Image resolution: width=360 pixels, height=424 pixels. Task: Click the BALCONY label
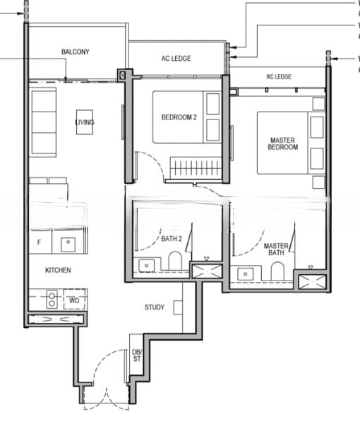(x=76, y=52)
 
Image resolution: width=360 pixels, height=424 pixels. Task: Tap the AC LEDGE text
(x=176, y=59)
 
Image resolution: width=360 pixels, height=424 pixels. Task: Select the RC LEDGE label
(x=279, y=77)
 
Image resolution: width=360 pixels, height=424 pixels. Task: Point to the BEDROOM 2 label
(x=179, y=117)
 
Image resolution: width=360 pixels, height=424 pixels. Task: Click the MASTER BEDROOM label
(x=283, y=143)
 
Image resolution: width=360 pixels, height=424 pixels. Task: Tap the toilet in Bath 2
(x=175, y=261)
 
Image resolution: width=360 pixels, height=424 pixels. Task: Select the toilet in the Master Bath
(x=277, y=271)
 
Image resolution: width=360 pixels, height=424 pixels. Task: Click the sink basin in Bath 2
(x=146, y=266)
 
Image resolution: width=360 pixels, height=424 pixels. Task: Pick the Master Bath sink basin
(x=245, y=274)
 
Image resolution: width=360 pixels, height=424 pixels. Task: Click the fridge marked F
(x=40, y=242)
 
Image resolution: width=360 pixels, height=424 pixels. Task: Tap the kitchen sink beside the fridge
(x=68, y=245)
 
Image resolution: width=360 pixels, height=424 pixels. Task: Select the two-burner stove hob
(x=52, y=300)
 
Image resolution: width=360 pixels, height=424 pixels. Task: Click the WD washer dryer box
(x=75, y=300)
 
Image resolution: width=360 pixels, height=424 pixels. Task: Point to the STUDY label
(x=155, y=307)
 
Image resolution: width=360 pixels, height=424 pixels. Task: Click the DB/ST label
(x=137, y=355)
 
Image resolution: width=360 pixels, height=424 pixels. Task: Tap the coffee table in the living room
(x=85, y=122)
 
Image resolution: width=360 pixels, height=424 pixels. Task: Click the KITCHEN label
(x=58, y=270)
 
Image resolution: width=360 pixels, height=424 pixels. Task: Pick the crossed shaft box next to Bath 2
(x=207, y=271)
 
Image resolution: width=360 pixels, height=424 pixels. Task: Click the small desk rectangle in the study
(x=178, y=307)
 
